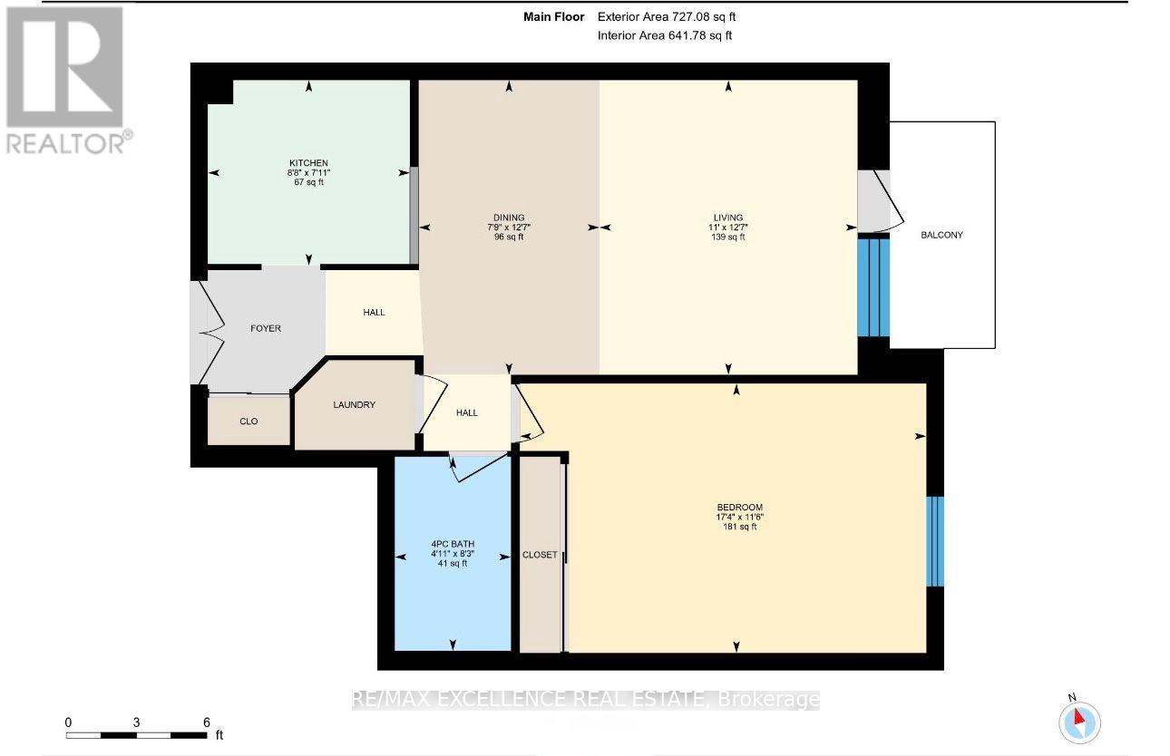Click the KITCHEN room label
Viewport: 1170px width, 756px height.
(x=308, y=163)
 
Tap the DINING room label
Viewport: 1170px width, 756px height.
(x=509, y=218)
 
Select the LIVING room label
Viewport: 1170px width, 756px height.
(x=728, y=218)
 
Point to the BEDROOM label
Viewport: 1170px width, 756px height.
(x=739, y=507)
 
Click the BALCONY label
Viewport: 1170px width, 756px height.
(x=941, y=235)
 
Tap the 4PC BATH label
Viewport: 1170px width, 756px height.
(x=453, y=544)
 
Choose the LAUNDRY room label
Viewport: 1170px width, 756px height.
(x=354, y=404)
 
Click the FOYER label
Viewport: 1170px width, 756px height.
(x=266, y=328)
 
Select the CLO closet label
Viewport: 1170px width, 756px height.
(x=249, y=422)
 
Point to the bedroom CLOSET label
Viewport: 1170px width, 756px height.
(x=540, y=555)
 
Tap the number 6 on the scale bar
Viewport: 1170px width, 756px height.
(x=206, y=722)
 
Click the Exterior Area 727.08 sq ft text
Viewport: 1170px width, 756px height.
(x=667, y=16)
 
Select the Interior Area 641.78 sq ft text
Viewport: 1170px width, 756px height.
(x=665, y=35)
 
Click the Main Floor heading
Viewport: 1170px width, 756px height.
(x=553, y=16)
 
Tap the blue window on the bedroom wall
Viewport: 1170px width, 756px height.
(x=935, y=541)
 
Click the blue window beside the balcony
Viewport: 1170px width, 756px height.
(x=873, y=287)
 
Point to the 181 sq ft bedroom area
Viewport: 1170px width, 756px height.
(x=739, y=527)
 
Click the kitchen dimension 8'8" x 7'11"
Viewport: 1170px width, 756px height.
(x=308, y=173)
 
